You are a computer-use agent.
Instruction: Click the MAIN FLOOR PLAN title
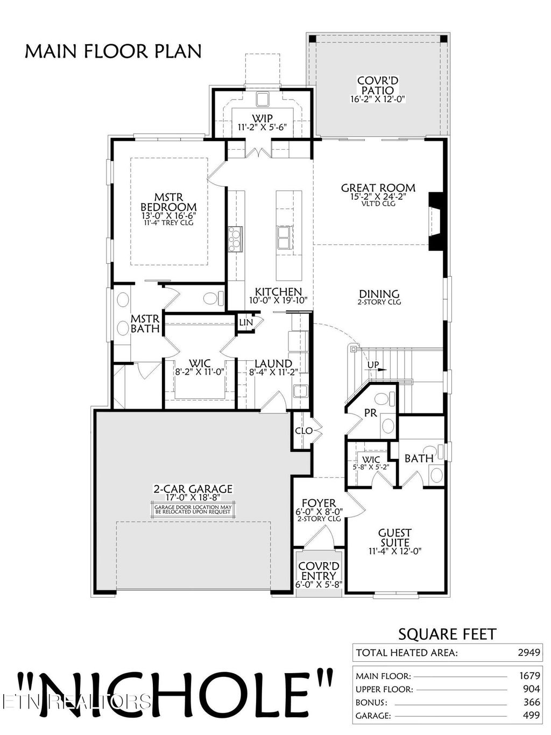(113, 51)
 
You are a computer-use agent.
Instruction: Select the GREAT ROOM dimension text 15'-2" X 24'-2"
(378, 197)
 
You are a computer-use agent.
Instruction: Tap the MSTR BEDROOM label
(168, 202)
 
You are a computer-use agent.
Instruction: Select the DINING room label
(379, 294)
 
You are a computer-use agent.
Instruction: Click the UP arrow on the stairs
(375, 366)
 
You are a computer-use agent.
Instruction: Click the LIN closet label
(245, 322)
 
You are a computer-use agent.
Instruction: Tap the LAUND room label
(273, 364)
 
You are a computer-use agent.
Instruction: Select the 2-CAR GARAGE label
(193, 489)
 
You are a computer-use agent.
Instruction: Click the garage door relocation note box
(193, 510)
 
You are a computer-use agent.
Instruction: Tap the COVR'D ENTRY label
(319, 571)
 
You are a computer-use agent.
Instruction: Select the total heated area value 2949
(528, 653)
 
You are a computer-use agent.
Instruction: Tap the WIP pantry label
(262, 118)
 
